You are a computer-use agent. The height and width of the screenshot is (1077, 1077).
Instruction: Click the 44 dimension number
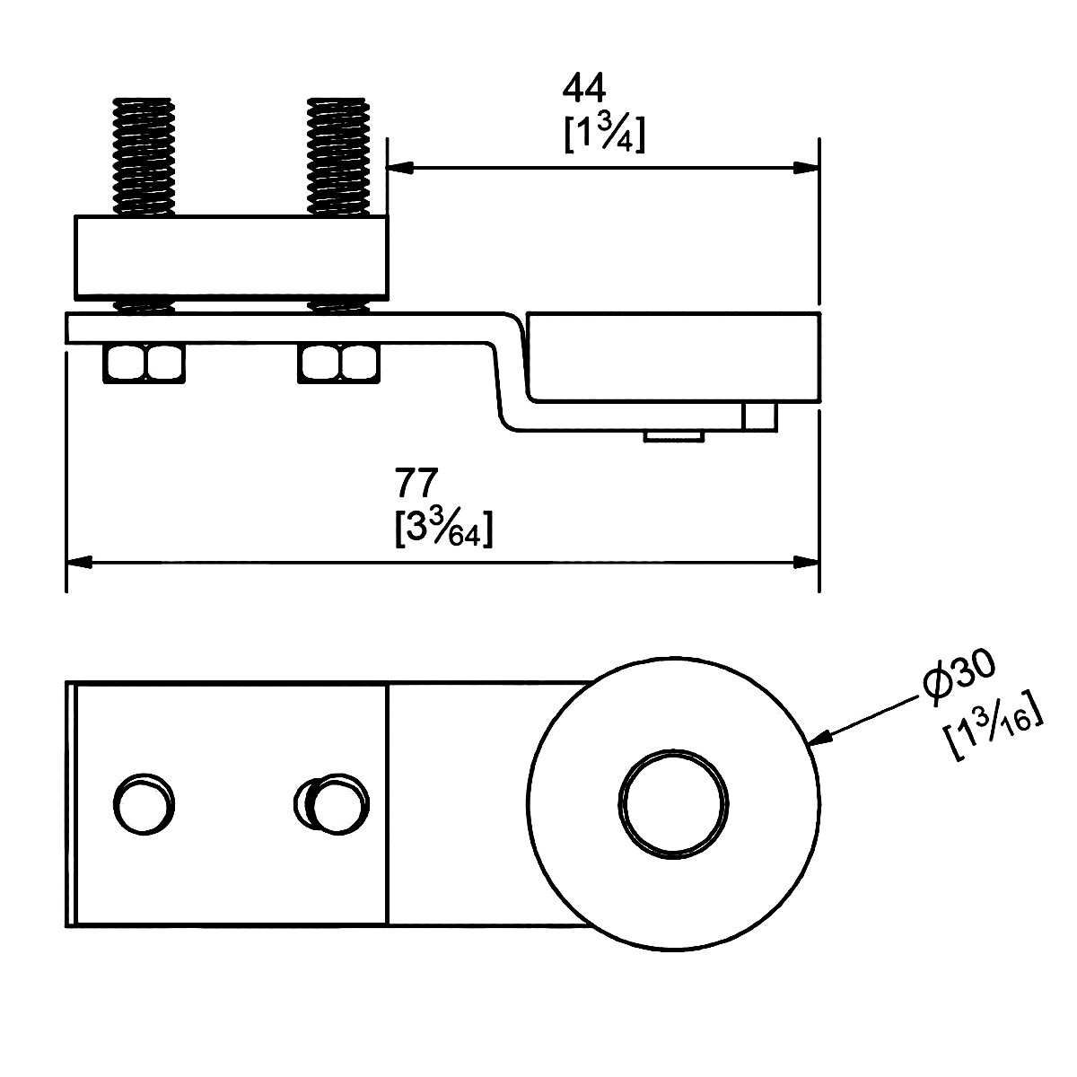(x=584, y=90)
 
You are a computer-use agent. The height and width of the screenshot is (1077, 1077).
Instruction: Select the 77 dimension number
(x=417, y=482)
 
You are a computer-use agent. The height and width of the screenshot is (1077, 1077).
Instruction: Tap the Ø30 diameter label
(x=959, y=679)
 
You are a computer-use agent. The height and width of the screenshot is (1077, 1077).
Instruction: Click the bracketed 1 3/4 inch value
(x=605, y=134)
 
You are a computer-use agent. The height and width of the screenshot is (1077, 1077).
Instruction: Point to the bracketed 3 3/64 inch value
(x=443, y=529)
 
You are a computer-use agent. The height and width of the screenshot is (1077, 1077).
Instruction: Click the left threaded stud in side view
(x=144, y=156)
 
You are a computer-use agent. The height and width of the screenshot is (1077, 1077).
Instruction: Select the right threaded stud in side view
(x=338, y=156)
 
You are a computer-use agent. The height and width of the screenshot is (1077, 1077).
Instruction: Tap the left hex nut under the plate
(x=144, y=363)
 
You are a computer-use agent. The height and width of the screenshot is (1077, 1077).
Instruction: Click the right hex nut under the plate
(x=338, y=363)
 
